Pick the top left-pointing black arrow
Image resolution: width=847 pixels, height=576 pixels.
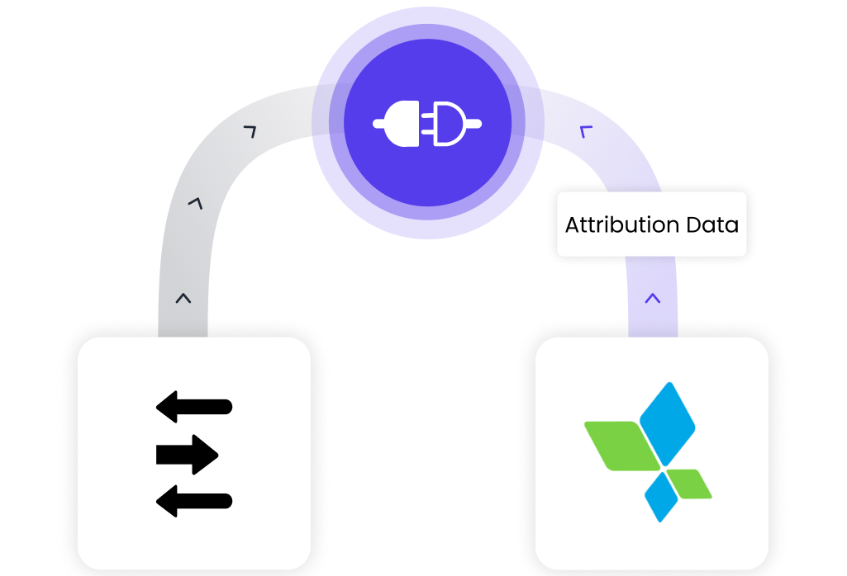click(193, 407)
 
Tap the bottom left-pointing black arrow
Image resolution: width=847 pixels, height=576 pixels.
click(193, 500)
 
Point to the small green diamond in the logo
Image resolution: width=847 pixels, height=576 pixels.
click(689, 484)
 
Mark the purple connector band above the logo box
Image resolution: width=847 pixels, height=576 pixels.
click(653, 297)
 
